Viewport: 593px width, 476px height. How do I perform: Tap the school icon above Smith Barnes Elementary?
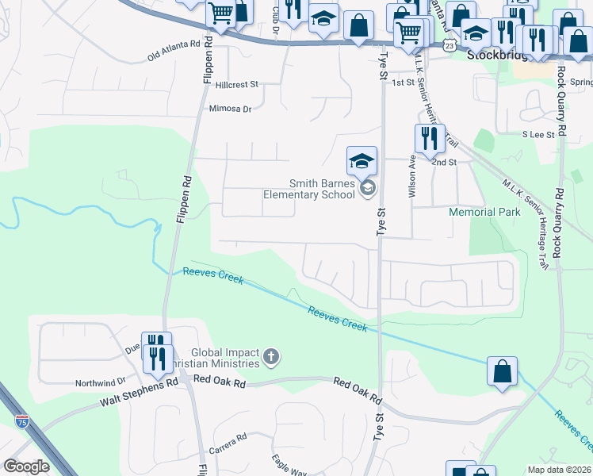pos(361,161)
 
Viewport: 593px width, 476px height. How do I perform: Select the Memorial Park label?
pos(484,213)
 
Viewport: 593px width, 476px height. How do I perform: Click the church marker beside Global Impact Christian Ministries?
pos(271,355)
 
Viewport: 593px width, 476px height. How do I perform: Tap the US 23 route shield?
pos(450,47)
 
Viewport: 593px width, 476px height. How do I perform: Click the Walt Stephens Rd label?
pos(139,393)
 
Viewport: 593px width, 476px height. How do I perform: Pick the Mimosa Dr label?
pos(230,109)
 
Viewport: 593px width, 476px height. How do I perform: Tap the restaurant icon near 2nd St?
pos(429,138)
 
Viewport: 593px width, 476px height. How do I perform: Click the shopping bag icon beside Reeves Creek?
pos(502,370)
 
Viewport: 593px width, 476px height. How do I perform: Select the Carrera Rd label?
pos(228,437)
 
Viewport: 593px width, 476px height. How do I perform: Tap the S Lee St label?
pos(538,135)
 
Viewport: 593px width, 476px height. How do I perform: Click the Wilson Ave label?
pos(412,175)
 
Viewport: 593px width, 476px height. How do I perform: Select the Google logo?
pos(26,466)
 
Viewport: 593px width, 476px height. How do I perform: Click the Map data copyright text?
pos(559,470)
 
